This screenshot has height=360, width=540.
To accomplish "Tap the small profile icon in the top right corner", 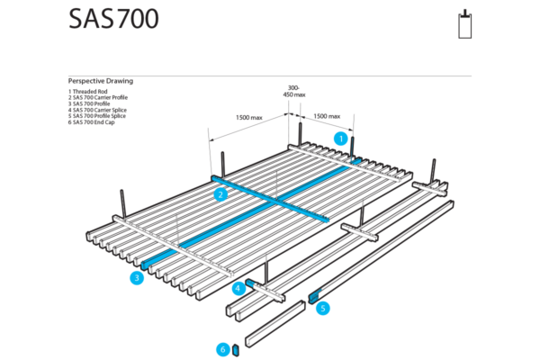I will click(464, 24).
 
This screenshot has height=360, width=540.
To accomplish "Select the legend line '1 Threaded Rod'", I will click(88, 91).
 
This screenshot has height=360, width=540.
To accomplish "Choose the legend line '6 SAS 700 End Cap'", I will click(94, 122).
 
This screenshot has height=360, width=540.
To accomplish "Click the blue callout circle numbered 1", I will click(341, 139).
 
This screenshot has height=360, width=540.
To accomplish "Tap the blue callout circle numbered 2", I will click(220, 193).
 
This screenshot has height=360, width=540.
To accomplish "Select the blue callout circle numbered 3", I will click(136, 278).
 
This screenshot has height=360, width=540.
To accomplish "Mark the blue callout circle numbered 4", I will click(238, 289).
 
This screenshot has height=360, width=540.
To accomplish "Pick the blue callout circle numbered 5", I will click(323, 308).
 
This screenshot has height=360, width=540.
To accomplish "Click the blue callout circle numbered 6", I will click(222, 349).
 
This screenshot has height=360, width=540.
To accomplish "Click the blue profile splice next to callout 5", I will click(314, 294).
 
